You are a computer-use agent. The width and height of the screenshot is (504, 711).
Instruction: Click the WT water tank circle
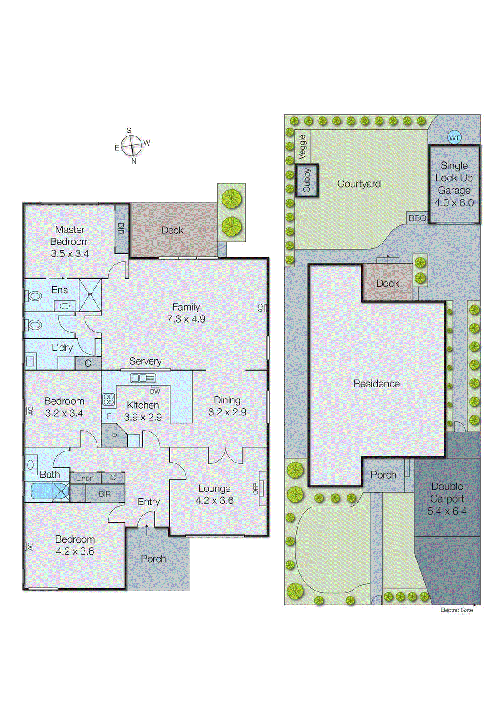(x=454, y=137)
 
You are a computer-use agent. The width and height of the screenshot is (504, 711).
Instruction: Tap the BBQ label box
(x=417, y=218)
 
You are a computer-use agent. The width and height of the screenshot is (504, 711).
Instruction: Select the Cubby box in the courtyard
(x=306, y=180)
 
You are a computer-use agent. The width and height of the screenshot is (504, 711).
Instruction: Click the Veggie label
(x=302, y=147)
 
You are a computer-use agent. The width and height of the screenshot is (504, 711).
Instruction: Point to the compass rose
(x=132, y=144)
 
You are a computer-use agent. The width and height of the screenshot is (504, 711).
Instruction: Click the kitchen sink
(x=143, y=378)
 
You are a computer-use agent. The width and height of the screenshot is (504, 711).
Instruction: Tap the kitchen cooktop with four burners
(x=109, y=399)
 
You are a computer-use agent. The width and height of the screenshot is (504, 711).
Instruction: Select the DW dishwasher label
(x=155, y=391)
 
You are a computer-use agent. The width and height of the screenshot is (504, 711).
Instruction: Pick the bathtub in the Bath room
(x=47, y=491)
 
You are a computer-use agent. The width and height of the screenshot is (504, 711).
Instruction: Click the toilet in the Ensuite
(x=34, y=296)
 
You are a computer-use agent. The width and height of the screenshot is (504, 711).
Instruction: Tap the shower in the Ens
(x=90, y=294)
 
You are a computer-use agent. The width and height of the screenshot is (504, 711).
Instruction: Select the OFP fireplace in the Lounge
(x=262, y=488)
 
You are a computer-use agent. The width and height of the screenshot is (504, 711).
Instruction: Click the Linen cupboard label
(x=85, y=478)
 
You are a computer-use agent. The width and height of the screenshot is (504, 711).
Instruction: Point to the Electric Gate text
(x=456, y=610)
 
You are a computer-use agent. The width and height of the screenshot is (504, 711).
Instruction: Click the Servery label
(x=145, y=361)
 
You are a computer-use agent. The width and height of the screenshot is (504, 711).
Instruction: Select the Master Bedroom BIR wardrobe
(x=121, y=228)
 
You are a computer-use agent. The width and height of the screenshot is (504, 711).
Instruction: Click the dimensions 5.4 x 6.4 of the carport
(x=447, y=511)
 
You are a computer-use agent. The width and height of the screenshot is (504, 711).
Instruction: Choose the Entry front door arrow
(x=147, y=529)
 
